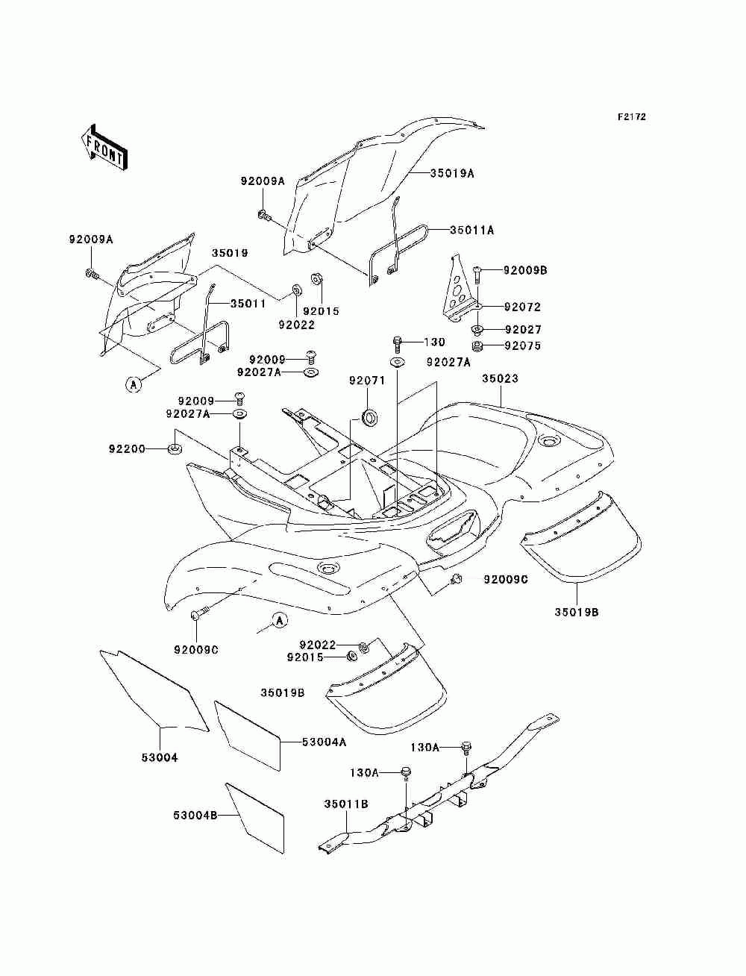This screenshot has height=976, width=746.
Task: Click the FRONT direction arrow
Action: click(x=104, y=147)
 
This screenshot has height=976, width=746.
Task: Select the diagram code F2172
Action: click(x=631, y=117)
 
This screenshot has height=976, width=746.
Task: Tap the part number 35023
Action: click(x=501, y=378)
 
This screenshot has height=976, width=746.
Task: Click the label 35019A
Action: click(x=452, y=173)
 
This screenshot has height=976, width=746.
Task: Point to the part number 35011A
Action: click(x=472, y=231)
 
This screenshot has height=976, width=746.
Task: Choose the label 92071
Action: click(x=367, y=381)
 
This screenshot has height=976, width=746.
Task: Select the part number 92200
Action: click(x=127, y=449)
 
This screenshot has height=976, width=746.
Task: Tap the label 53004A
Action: click(x=324, y=742)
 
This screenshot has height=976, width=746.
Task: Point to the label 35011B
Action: click(x=346, y=804)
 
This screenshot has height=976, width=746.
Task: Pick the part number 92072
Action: click(x=522, y=307)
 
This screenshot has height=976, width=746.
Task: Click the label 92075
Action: click(x=523, y=345)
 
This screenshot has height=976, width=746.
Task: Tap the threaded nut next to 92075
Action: click(x=477, y=346)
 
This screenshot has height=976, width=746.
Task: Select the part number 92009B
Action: click(x=525, y=270)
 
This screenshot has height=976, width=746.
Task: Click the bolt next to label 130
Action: click(x=398, y=344)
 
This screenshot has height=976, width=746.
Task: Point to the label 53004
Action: click(x=160, y=757)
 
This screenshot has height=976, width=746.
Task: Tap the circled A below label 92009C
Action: click(x=279, y=621)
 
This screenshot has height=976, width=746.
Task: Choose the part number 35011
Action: click(x=248, y=304)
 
